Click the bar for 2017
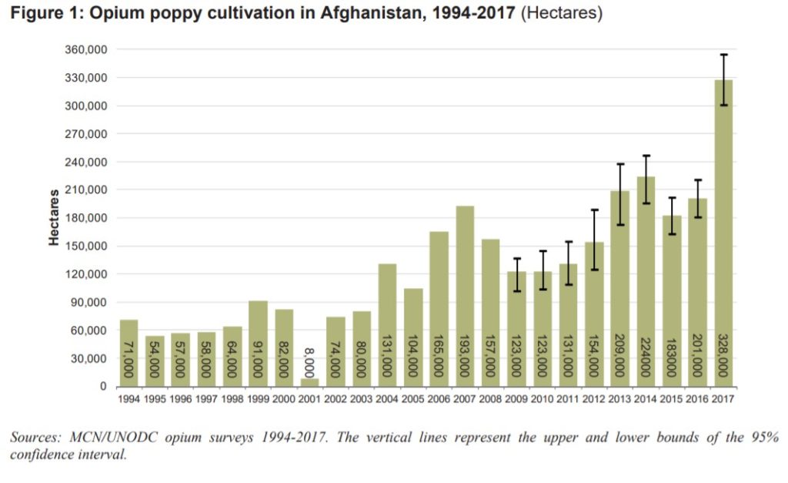point(723,233)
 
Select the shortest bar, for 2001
point(309,382)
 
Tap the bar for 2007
point(464,296)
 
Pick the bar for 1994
point(129,353)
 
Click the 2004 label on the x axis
point(387,399)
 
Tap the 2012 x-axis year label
point(594,399)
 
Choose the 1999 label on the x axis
point(258,399)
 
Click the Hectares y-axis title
point(54,217)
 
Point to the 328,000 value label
point(723,355)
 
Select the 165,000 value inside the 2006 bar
point(439,355)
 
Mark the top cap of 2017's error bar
point(723,55)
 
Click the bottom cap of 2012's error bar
point(595,270)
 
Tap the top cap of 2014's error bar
point(646,156)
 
